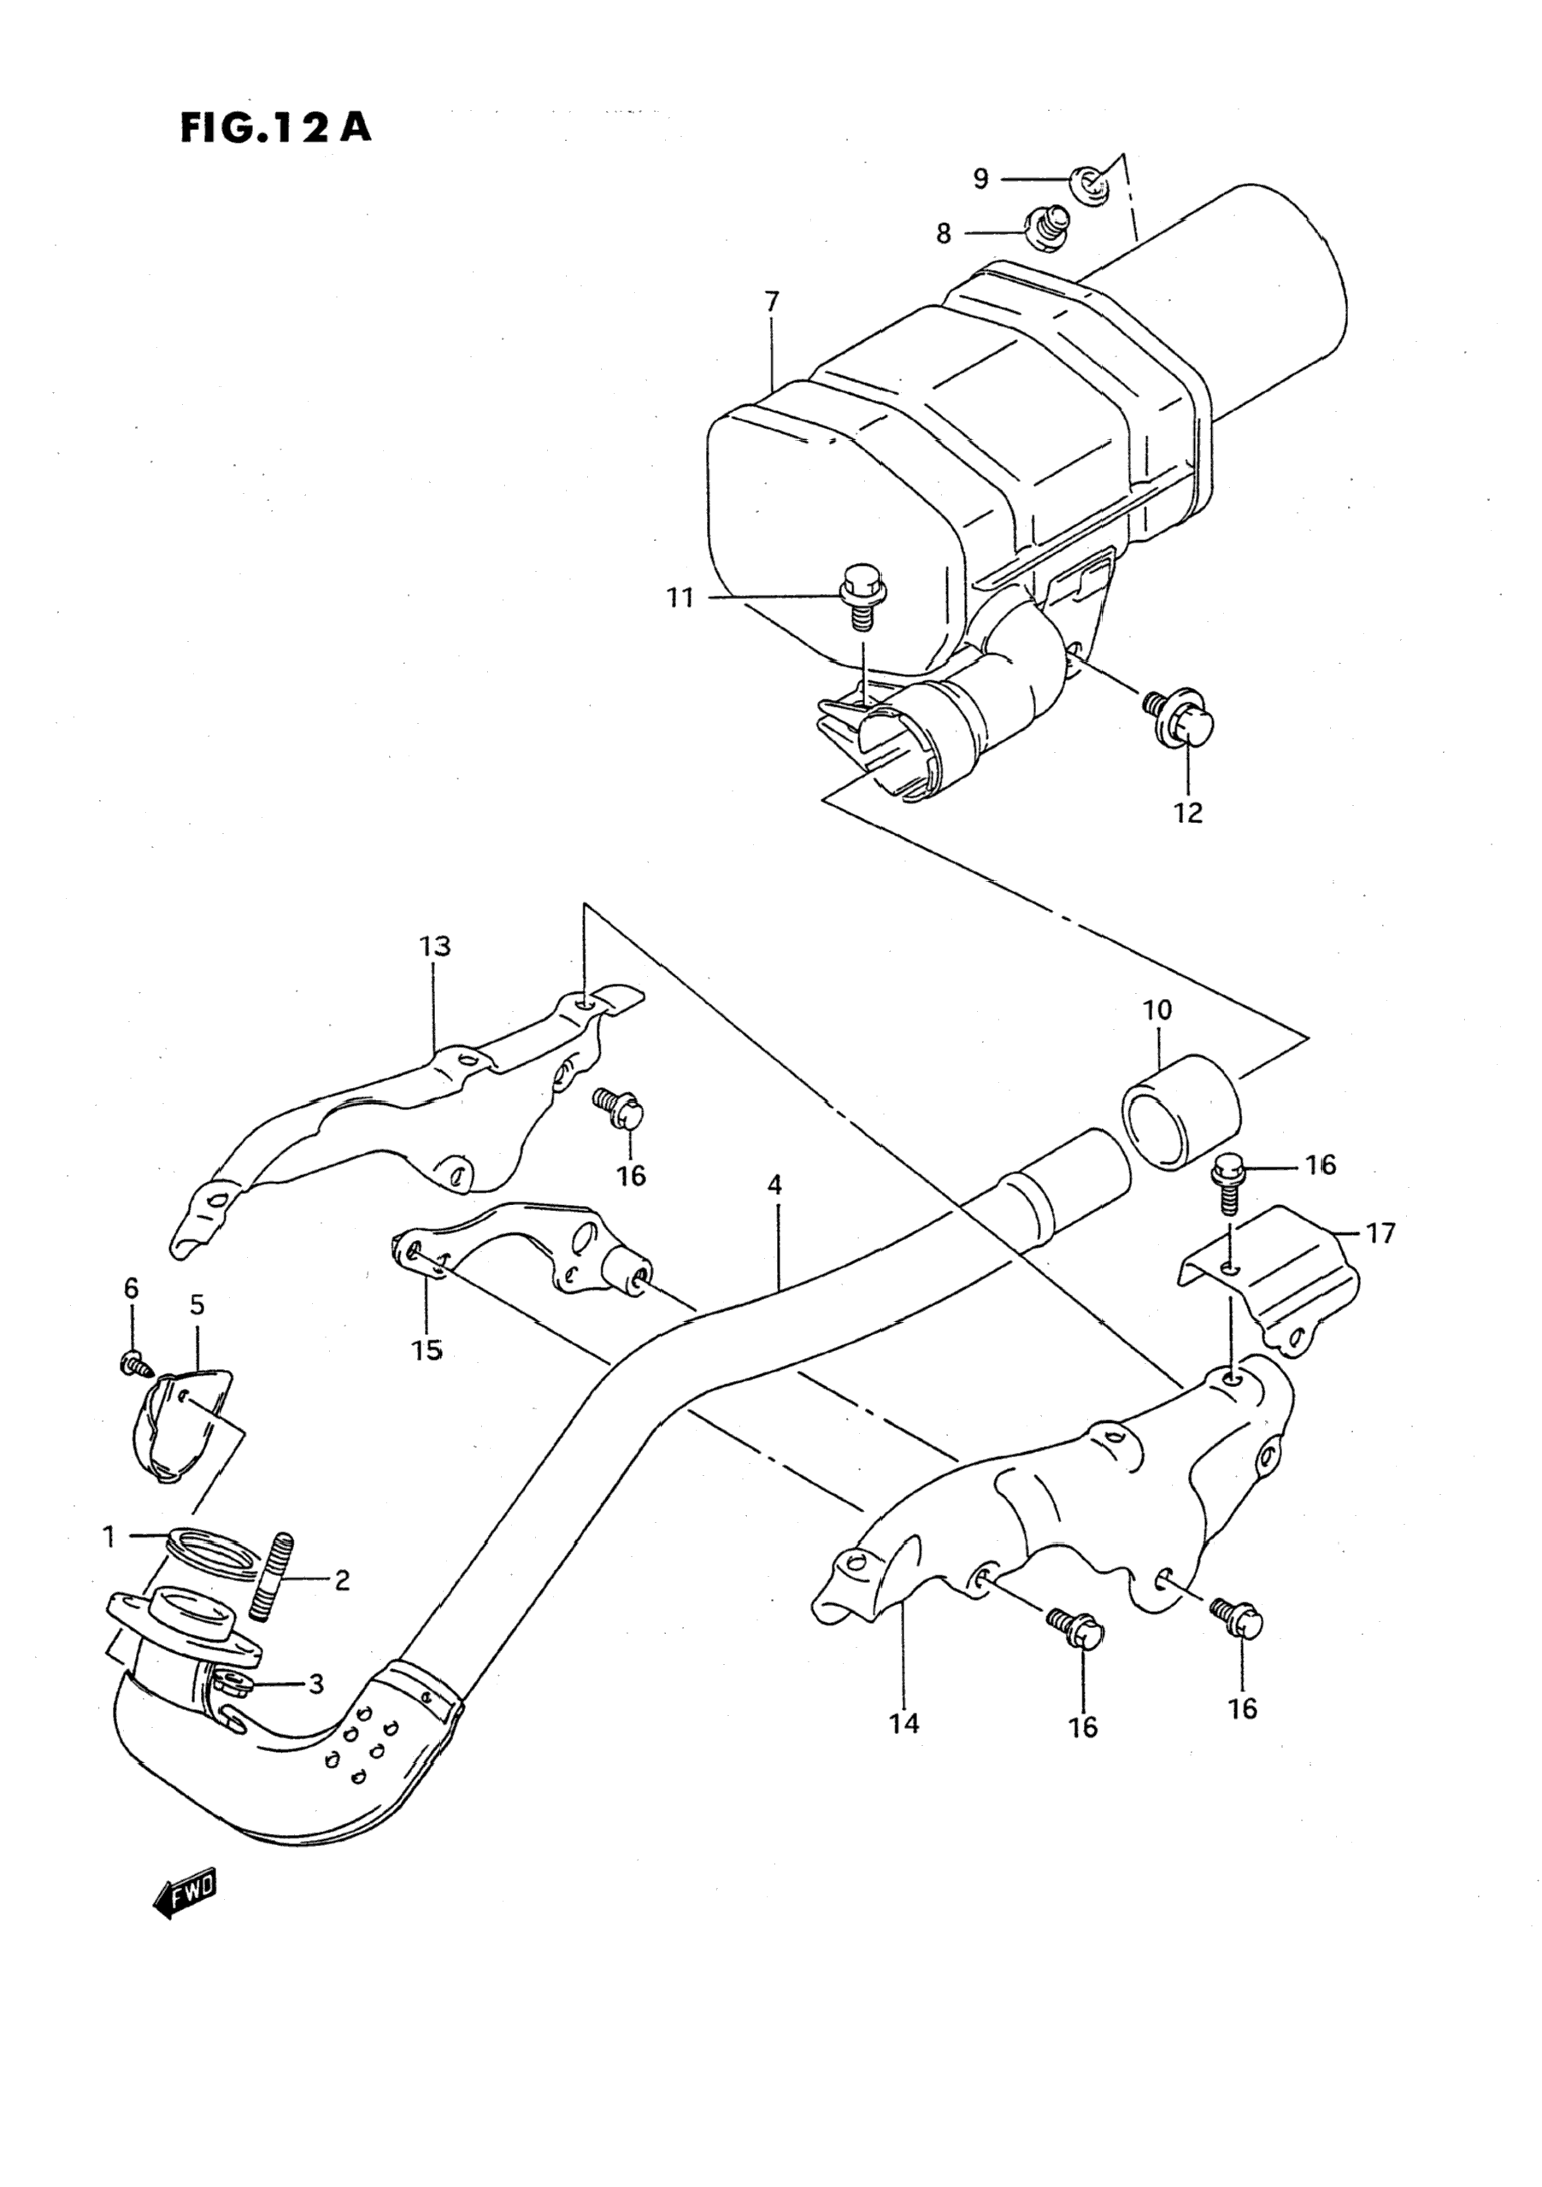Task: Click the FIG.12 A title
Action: (275, 126)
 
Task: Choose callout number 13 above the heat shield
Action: (434, 946)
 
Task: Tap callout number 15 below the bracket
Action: (427, 1349)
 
